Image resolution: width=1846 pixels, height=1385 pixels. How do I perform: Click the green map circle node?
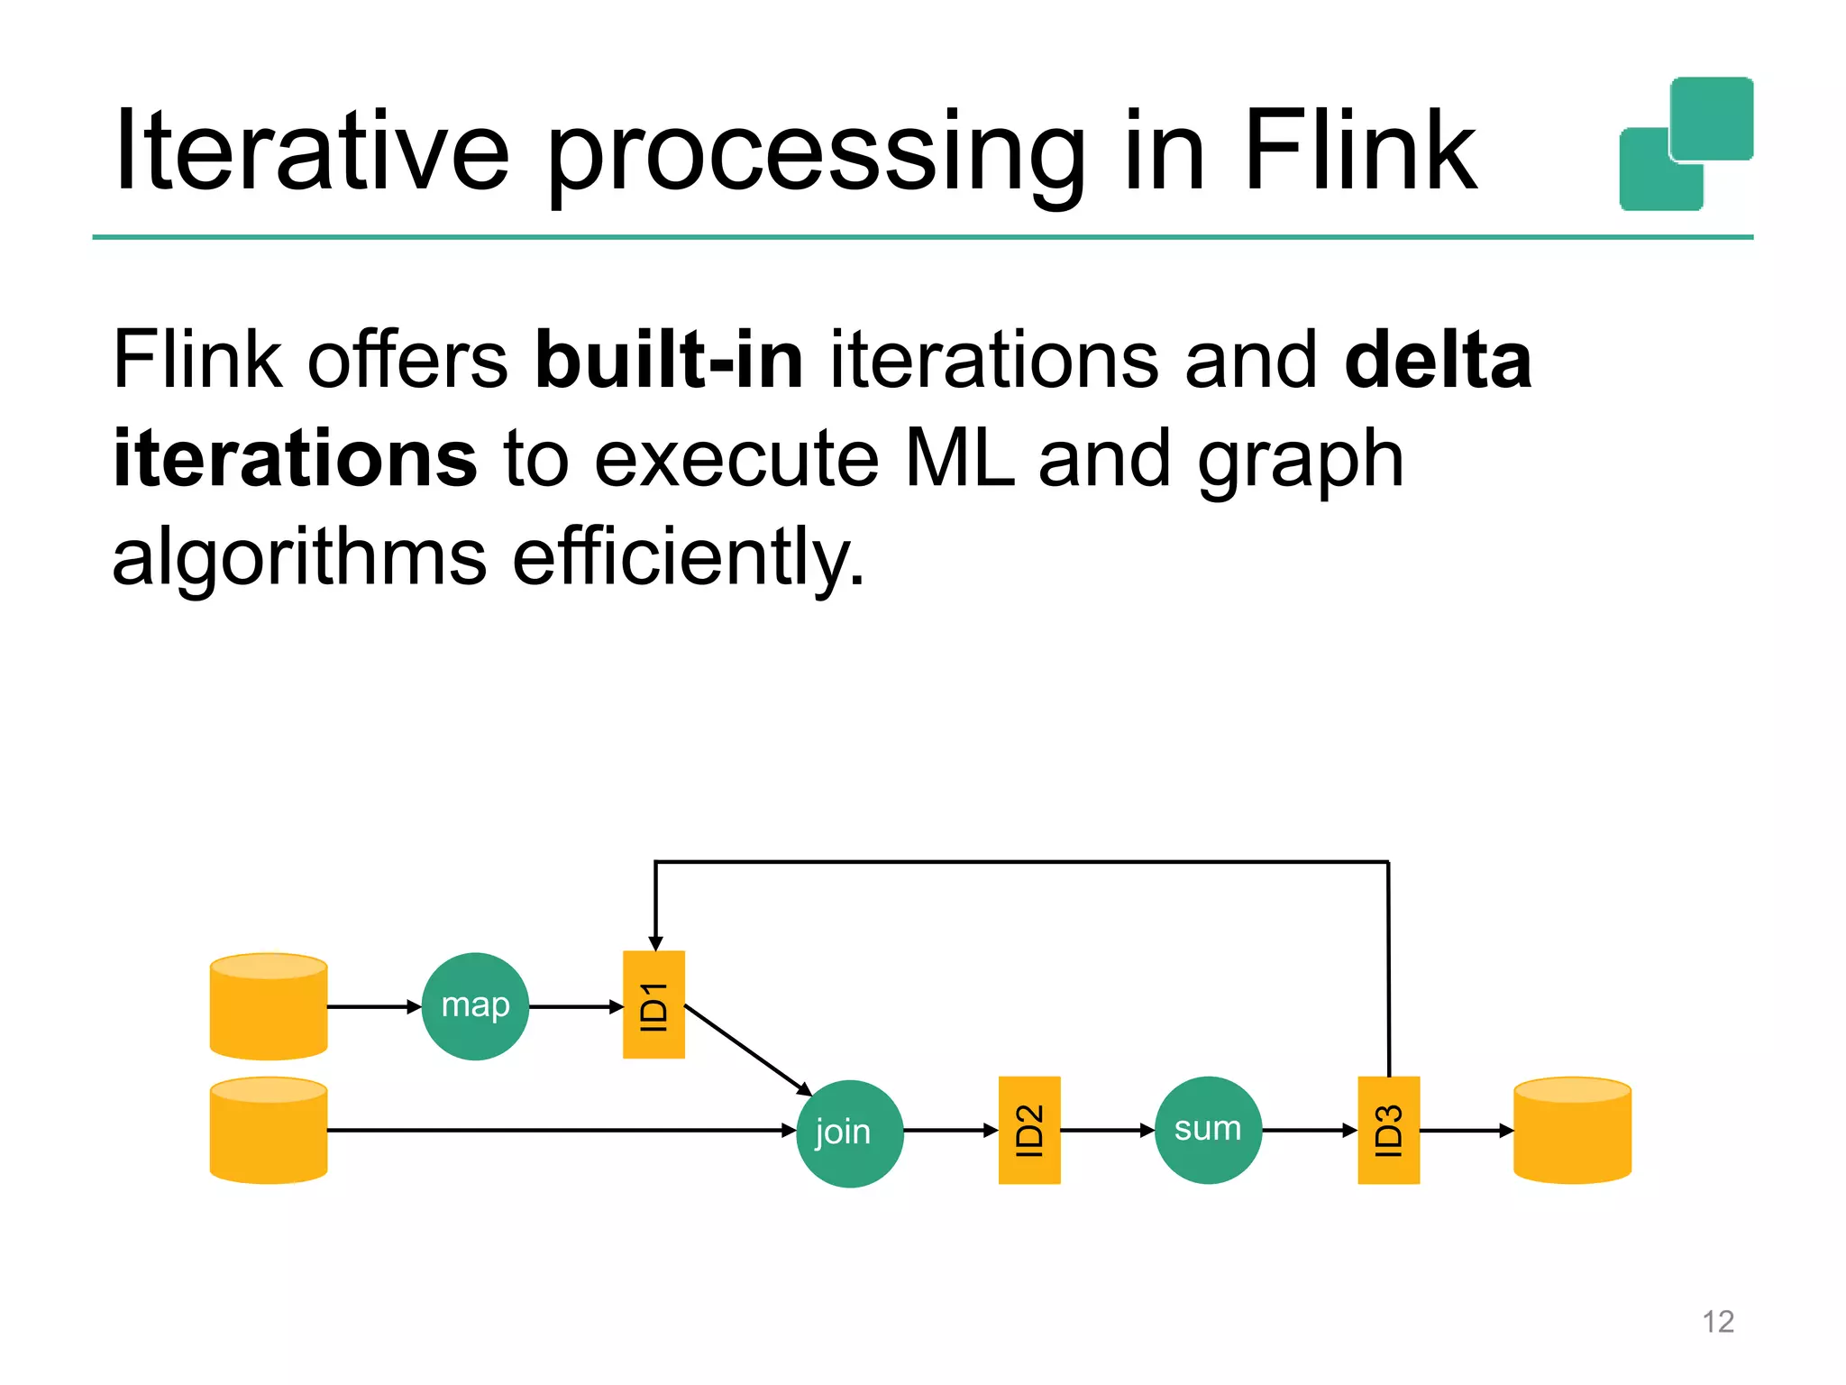475,1006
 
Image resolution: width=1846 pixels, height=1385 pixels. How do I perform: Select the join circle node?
849,1133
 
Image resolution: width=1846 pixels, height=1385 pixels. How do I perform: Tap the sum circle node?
1208,1130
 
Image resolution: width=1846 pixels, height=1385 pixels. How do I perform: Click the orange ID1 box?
653,1004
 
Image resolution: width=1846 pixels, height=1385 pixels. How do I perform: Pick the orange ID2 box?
1029,1130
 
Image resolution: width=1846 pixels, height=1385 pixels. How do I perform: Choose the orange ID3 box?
1388,1130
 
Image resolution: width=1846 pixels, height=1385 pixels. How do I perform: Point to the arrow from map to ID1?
575,1006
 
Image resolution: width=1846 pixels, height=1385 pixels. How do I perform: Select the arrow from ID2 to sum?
1107,1130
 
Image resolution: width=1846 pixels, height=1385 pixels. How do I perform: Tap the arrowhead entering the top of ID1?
655,943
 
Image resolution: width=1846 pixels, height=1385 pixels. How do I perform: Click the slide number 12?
1718,1322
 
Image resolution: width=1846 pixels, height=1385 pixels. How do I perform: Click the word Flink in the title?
1359,151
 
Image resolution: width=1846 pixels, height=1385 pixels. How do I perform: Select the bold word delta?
1438,360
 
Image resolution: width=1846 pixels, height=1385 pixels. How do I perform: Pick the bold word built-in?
669,360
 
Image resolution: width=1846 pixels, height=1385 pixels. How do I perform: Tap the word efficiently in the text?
689,557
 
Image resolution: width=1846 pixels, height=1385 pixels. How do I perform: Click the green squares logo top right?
1686,144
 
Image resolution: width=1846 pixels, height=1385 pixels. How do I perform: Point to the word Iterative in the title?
312,151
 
